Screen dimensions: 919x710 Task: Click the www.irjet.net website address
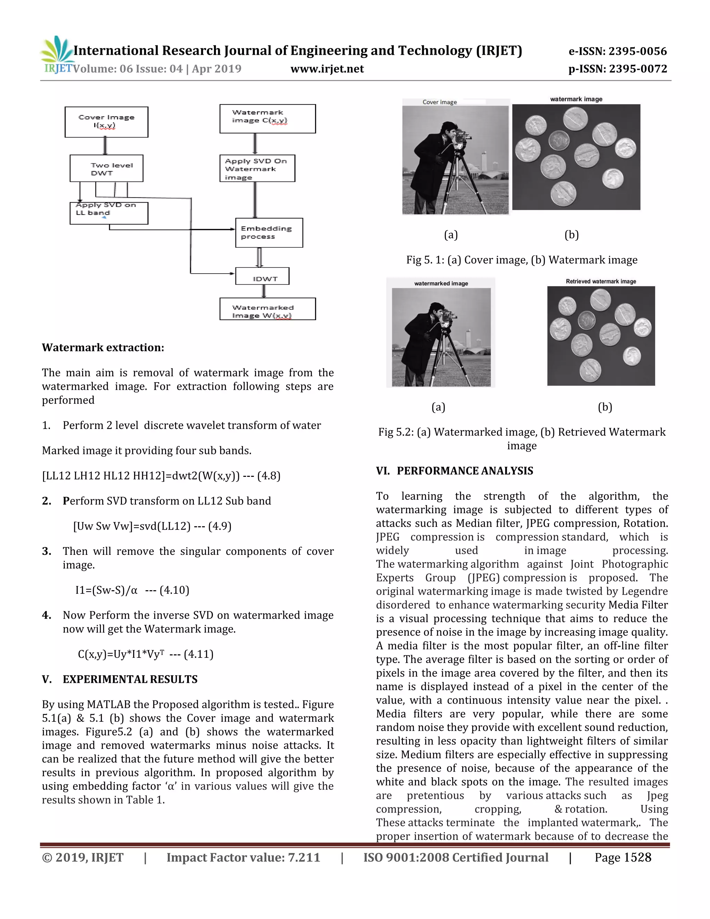tap(327, 69)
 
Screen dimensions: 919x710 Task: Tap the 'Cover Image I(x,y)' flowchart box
tap(106, 122)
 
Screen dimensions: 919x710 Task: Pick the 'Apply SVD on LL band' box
tap(109, 213)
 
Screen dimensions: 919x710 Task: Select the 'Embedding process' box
tap(269, 233)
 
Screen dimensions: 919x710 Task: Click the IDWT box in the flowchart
tap(262, 278)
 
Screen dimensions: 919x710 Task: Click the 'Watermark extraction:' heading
tap(103, 347)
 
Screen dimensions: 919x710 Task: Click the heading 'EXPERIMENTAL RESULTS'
tap(130, 679)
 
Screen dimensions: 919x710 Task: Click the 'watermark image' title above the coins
tap(576, 99)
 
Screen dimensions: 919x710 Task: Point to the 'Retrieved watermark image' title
tap(601, 282)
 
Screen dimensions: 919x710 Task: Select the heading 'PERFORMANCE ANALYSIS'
tap(465, 471)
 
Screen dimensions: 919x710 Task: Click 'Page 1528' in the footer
tap(623, 858)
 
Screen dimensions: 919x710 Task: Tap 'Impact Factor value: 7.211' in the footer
tap(243, 858)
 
